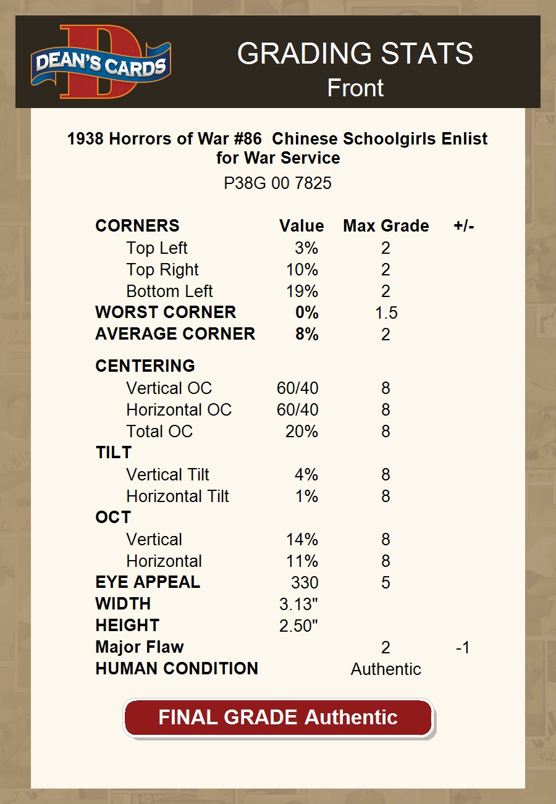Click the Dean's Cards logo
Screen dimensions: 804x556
point(101,62)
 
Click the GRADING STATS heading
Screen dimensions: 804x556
point(355,54)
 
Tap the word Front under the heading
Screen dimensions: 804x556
point(355,88)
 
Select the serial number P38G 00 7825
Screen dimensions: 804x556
point(277,183)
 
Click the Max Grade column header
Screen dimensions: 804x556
point(385,226)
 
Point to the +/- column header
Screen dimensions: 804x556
point(463,226)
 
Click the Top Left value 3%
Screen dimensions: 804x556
point(306,248)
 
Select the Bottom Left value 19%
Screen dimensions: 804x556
point(302,291)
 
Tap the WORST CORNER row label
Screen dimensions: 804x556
point(166,312)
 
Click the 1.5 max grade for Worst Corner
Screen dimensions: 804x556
point(386,313)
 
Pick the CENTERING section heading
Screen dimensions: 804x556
point(145,366)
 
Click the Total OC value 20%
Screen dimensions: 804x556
point(301,432)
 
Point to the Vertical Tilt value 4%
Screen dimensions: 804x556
point(306,475)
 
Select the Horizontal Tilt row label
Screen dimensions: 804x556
point(177,496)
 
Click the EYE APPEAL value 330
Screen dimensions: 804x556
point(305,582)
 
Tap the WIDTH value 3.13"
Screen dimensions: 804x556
point(298,604)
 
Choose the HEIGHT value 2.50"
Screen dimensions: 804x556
point(298,626)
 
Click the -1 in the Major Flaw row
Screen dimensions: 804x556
point(463,648)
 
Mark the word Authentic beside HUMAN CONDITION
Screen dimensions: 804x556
point(386,669)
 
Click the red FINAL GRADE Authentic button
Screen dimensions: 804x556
point(278,718)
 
